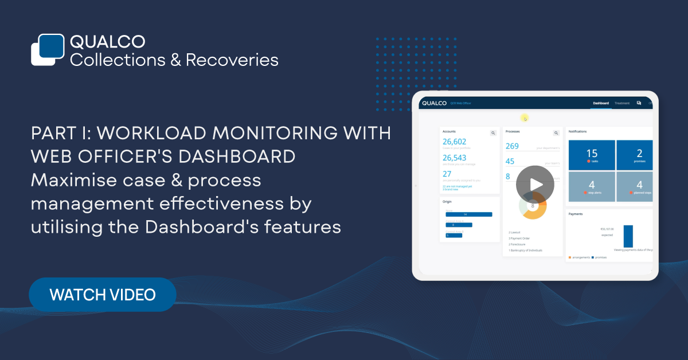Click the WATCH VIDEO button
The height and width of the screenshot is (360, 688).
(102, 295)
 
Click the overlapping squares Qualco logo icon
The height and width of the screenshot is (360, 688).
(47, 49)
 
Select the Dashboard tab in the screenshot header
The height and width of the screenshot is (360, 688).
(601, 103)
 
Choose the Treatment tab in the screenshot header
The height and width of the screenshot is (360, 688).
(622, 103)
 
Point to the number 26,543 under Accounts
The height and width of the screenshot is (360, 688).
(455, 158)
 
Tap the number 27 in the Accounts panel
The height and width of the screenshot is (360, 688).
(447, 174)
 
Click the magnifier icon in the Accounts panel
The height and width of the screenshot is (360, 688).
(492, 133)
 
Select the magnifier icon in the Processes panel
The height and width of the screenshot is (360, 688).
(556, 133)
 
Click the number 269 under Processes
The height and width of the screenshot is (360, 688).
(512, 146)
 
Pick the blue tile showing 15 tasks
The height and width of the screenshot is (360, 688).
(592, 155)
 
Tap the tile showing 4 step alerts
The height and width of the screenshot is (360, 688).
(592, 186)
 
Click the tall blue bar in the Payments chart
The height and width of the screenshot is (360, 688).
(628, 236)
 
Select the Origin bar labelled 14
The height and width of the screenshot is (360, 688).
(468, 214)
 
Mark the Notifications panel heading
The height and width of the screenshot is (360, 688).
(578, 132)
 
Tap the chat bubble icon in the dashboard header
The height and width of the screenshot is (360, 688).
(639, 103)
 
